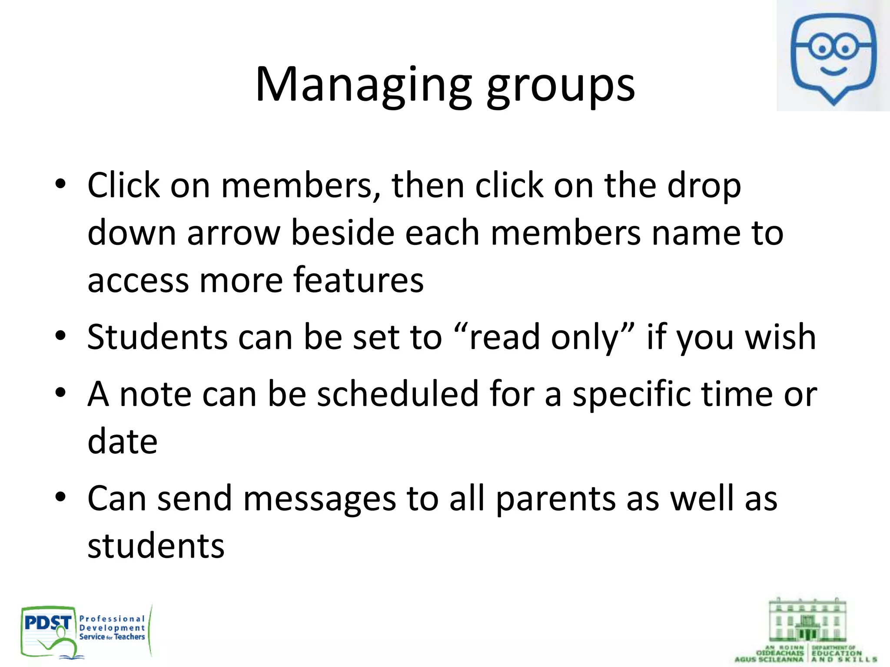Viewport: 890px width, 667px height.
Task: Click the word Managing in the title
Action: (363, 85)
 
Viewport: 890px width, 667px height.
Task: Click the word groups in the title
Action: (561, 87)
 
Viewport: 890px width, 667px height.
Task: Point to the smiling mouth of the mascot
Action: (833, 70)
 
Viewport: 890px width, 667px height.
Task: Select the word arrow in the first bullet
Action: (234, 233)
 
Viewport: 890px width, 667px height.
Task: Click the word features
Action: (359, 280)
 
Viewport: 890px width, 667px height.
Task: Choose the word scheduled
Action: (398, 394)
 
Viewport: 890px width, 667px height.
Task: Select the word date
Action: (123, 441)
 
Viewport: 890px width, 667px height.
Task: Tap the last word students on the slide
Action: (156, 546)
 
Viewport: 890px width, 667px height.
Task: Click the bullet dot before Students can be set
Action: (60, 336)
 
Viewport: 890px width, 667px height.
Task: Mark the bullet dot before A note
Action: (60, 393)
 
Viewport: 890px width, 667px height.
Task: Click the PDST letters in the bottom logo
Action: (48, 623)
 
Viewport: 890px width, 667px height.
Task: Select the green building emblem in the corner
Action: (807, 620)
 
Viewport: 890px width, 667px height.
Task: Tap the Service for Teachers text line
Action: (112, 637)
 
